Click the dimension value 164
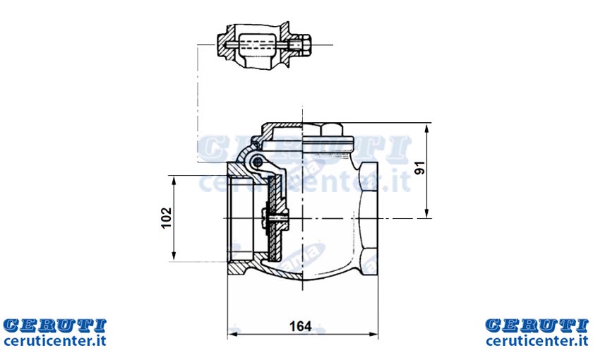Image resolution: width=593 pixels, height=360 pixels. pos(300,326)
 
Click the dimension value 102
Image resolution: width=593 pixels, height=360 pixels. pos(167,218)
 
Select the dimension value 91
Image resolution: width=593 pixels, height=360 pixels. pos(420,168)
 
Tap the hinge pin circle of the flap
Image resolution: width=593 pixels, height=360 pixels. pos(258,162)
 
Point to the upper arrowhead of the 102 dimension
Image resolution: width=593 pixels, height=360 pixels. pos(174,181)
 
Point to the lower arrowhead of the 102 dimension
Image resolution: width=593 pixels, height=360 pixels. pos(174,256)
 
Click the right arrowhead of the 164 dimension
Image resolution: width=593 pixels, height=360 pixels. pos(373,335)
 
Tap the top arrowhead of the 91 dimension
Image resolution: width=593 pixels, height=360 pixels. pos(426,128)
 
